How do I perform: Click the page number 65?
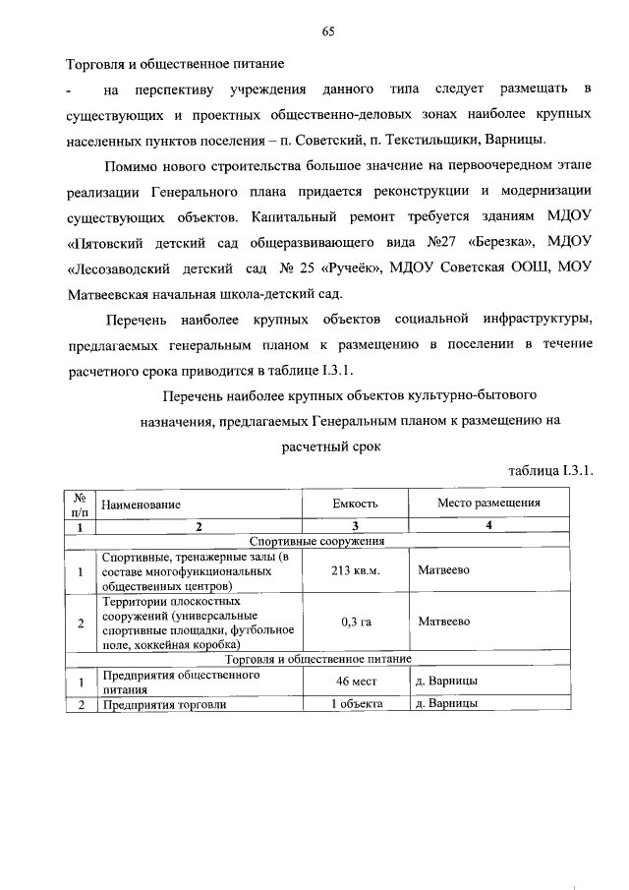point(328,31)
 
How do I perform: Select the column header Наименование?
point(142,504)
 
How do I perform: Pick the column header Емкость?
point(355,504)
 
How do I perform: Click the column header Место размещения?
point(489,503)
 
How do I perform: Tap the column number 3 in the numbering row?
point(354,526)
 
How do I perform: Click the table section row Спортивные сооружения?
point(316,540)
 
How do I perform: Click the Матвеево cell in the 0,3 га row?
point(443,622)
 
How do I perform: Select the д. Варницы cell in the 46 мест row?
point(447,681)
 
